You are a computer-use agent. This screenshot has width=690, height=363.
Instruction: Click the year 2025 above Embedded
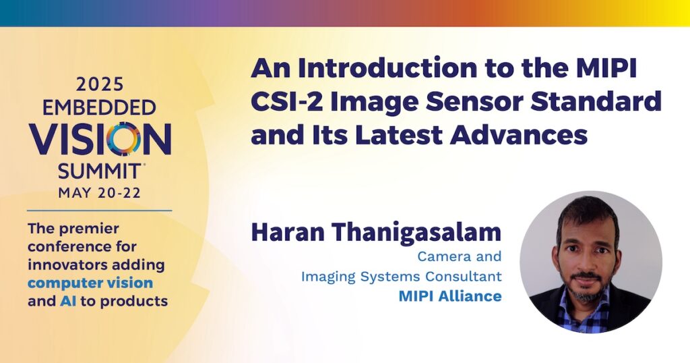pyautogui.click(x=100, y=84)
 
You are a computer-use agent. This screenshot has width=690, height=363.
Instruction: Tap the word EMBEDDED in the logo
pyautogui.click(x=99, y=108)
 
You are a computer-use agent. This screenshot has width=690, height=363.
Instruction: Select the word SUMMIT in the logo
pyautogui.click(x=99, y=171)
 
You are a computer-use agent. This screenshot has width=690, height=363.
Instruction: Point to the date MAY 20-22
pyautogui.click(x=100, y=193)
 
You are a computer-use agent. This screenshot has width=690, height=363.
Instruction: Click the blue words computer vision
pyautogui.click(x=90, y=283)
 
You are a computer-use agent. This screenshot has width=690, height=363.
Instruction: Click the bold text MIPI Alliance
pyautogui.click(x=450, y=296)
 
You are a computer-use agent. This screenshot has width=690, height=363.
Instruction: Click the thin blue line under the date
pyautogui.click(x=100, y=211)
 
